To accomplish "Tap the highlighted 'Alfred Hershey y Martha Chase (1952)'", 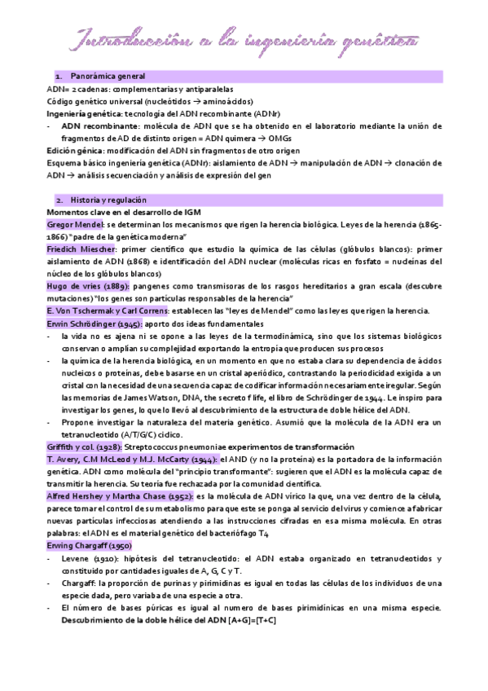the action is pos(123,495).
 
